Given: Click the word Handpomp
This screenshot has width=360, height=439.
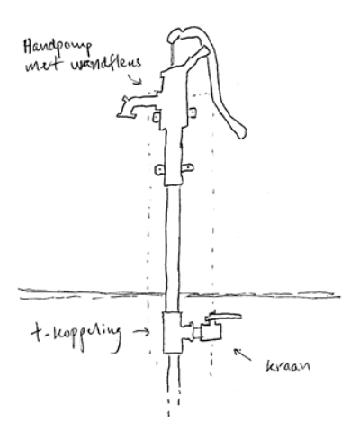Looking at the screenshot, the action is (58, 48).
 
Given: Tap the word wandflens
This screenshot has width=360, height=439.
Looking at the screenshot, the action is (105, 64).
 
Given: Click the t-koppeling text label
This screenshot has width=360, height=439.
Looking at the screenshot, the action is (76, 336).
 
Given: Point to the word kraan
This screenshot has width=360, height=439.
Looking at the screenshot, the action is (288, 366).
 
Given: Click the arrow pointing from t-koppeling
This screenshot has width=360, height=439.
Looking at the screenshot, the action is (141, 332).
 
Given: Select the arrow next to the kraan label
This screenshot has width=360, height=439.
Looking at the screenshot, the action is (242, 354).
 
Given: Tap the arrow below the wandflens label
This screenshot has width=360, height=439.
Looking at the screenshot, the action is (134, 79).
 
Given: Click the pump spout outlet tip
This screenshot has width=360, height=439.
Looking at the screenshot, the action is (125, 115).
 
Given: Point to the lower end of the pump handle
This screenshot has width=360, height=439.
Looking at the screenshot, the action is (242, 134).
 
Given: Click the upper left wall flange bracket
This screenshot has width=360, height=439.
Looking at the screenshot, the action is (156, 117).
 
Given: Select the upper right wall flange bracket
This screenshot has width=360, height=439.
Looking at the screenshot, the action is (193, 112).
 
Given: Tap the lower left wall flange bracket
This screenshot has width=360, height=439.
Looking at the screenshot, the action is (160, 170).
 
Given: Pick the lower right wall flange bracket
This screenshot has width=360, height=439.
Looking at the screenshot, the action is (187, 167).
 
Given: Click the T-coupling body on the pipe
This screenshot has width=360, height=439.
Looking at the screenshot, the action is (172, 333).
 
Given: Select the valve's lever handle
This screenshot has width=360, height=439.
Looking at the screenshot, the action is (223, 317).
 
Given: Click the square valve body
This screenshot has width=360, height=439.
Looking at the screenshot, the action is (211, 331).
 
